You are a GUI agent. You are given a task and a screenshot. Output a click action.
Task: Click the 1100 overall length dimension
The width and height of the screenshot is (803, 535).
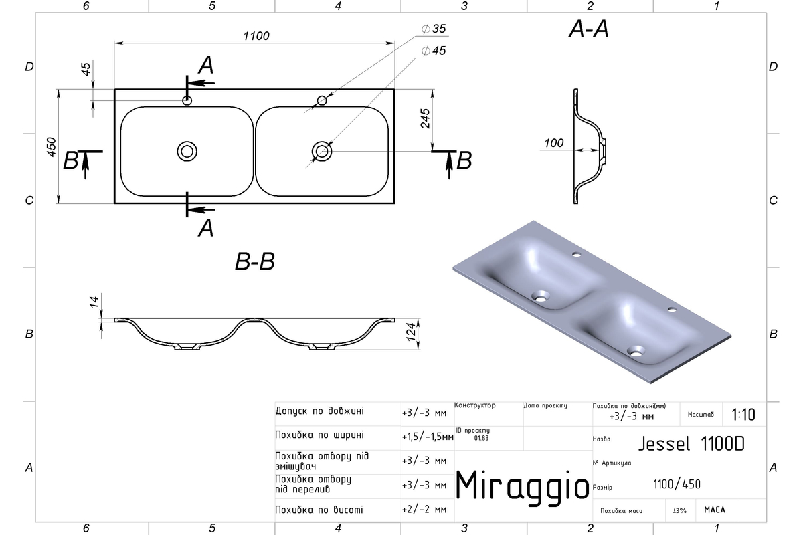pyautogui.click(x=256, y=36)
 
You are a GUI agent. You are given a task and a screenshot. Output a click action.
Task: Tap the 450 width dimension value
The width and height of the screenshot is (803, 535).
pyautogui.click(x=52, y=147)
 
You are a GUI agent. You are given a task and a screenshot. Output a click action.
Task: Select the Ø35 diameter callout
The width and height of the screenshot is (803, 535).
pyautogui.click(x=434, y=29)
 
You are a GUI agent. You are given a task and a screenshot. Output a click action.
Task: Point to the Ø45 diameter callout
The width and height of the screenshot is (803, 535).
pyautogui.click(x=434, y=51)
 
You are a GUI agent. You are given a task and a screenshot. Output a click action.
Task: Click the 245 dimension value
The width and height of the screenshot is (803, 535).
pyautogui.click(x=425, y=118)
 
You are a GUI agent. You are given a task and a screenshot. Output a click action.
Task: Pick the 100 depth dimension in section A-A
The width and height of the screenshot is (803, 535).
pyautogui.click(x=554, y=143)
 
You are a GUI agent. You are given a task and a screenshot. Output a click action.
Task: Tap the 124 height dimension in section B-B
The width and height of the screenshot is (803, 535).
pyautogui.click(x=411, y=332)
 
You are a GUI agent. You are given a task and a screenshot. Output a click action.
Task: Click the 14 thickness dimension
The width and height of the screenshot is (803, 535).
pyautogui.click(x=94, y=302)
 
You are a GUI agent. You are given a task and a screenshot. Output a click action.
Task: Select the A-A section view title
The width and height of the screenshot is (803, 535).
pyautogui.click(x=589, y=29)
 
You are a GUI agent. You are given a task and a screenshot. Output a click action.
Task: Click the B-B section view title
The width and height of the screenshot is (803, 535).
pyautogui.click(x=255, y=261)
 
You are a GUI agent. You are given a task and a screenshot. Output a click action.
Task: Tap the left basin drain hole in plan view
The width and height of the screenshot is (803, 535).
pyautogui.click(x=187, y=152)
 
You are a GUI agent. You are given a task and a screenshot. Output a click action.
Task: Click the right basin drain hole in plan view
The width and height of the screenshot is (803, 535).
pyautogui.click(x=322, y=152)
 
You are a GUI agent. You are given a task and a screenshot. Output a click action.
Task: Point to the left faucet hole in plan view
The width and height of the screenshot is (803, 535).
pyautogui.click(x=187, y=101)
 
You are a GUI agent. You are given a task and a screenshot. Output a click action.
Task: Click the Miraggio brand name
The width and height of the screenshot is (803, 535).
pyautogui.click(x=523, y=486)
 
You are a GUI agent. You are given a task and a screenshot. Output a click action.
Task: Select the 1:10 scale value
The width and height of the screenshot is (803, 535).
pyautogui.click(x=743, y=415)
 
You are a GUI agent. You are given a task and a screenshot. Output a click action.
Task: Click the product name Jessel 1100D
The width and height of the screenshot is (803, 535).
pyautogui.click(x=691, y=444)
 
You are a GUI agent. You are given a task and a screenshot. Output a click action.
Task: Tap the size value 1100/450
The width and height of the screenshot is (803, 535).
pyautogui.click(x=677, y=484)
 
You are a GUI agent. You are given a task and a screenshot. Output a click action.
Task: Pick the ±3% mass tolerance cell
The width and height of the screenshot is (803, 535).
pyautogui.click(x=679, y=510)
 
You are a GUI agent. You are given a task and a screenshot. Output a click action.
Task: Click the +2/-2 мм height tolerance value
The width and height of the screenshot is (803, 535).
pyautogui.click(x=424, y=510)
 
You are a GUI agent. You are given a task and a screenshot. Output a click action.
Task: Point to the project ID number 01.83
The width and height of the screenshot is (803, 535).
pyautogui.click(x=481, y=438)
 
